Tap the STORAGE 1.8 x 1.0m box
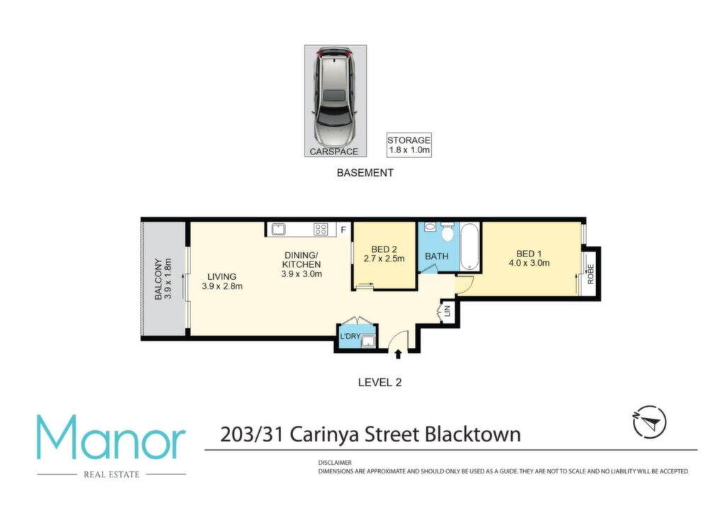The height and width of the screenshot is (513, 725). tap(409, 145)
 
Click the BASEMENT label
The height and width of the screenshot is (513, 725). tap(365, 173)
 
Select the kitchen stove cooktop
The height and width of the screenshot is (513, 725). tap(321, 229)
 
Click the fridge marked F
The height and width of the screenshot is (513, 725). tap(343, 230)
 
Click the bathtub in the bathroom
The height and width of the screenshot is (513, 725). tap(470, 247)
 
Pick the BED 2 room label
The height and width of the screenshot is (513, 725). tap(384, 249)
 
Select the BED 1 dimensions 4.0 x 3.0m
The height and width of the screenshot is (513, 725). tap(529, 263)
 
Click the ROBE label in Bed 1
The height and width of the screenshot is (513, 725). tap(590, 274)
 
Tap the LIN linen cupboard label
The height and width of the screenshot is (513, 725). tap(447, 311)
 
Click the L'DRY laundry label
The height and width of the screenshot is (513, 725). tap(350, 337)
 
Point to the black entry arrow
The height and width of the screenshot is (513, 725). tap(398, 354)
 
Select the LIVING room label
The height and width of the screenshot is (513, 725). tap(222, 276)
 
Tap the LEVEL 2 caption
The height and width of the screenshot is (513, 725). tap(379, 383)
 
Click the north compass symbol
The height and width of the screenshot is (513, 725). tap(649, 422)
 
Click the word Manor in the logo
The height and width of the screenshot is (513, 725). tap(111, 438)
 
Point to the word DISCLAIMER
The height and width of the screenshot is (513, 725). tap(335, 463)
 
